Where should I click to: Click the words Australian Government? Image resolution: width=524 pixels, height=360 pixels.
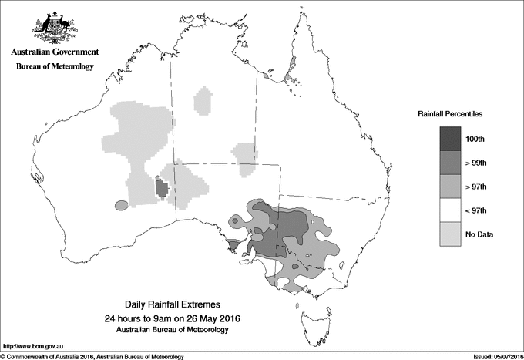coord(54,52)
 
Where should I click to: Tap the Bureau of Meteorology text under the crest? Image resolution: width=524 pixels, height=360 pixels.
coord(54,67)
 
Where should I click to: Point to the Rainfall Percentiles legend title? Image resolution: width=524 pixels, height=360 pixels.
coord(450,113)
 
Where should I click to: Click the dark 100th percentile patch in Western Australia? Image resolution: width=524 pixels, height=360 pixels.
coord(162,187)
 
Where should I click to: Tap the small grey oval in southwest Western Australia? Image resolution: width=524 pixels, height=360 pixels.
coord(120,206)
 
